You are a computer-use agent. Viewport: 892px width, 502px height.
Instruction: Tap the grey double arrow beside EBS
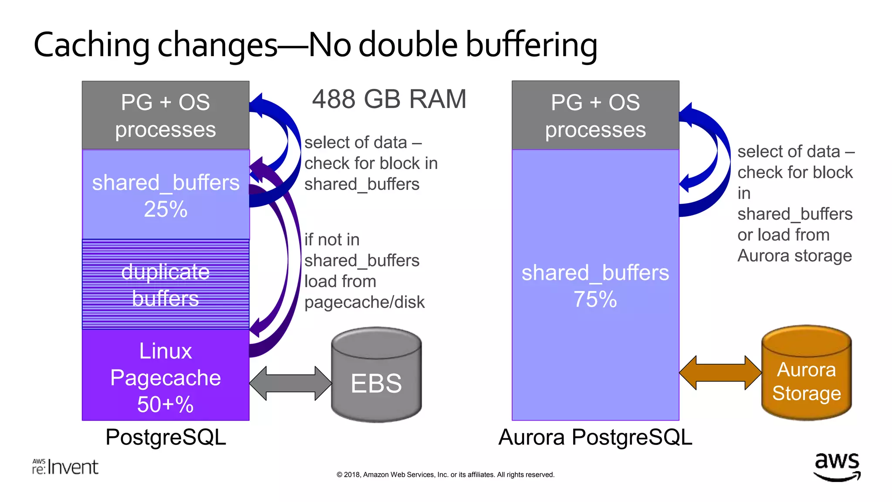[x=291, y=383]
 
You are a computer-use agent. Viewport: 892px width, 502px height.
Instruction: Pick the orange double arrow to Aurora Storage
[x=720, y=373]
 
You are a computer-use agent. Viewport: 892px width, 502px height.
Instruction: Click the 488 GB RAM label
[x=389, y=99]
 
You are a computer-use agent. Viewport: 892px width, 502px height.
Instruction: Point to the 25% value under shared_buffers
[x=166, y=209]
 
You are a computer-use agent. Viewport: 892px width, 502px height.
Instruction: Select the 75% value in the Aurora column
[x=595, y=299]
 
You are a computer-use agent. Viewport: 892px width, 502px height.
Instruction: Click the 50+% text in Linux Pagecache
[x=165, y=404]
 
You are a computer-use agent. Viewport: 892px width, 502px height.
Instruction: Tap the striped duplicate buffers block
[x=166, y=284]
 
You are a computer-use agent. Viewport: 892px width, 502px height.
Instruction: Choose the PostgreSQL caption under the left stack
[x=166, y=437]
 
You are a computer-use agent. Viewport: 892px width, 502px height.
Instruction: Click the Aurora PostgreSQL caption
[x=595, y=437]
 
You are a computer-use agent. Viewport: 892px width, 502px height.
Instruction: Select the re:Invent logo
[x=65, y=467]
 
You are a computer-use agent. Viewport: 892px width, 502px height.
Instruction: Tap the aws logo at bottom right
[x=837, y=466]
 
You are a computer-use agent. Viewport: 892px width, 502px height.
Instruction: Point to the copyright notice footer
[x=445, y=475]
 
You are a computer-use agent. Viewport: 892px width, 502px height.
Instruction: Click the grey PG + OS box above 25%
[x=166, y=115]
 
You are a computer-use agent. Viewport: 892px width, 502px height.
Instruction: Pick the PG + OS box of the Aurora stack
[x=595, y=115]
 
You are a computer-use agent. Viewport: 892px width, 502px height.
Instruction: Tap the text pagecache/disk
[x=364, y=302]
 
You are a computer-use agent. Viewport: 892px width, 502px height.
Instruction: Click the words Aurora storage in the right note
[x=794, y=256]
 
